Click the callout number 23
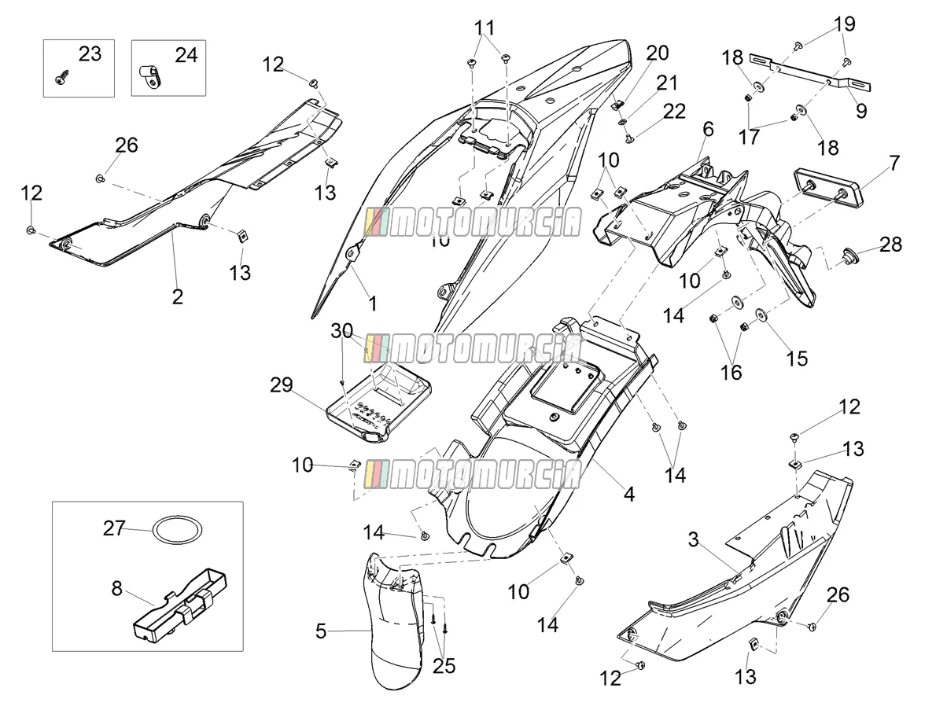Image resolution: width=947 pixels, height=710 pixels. click(x=90, y=54)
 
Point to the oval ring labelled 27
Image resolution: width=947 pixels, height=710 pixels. click(x=177, y=530)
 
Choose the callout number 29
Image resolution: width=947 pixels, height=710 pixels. click(x=282, y=385)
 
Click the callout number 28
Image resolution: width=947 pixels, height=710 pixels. click(x=890, y=245)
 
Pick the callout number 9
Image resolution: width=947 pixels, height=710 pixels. click(x=861, y=111)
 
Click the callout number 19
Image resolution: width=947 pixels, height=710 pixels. click(x=844, y=24)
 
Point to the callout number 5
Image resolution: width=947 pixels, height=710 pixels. click(x=321, y=631)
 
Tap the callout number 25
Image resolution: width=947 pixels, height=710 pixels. click(x=444, y=666)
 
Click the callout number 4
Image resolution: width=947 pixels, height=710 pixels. click(x=629, y=495)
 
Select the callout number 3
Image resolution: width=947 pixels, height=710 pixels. click(x=693, y=539)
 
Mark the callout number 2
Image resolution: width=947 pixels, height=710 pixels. click(x=177, y=297)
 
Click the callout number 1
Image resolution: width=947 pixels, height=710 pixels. click(x=373, y=304)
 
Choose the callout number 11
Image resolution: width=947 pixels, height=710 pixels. click(x=484, y=28)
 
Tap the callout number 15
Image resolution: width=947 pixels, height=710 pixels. click(x=797, y=359)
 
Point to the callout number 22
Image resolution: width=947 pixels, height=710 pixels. click(x=674, y=112)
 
